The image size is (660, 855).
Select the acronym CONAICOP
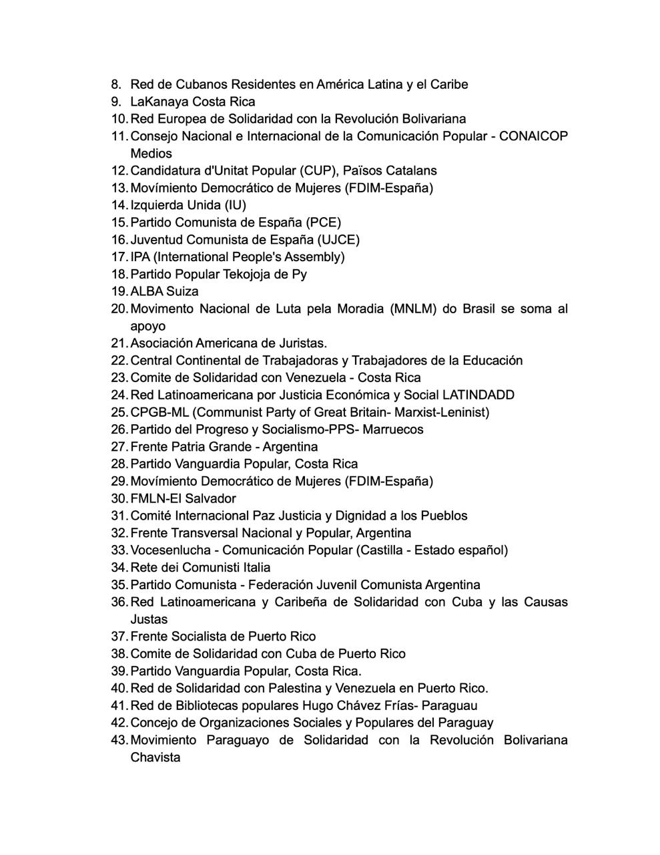pyautogui.click(x=533, y=136)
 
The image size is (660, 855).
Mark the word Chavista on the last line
pyautogui.click(x=155, y=757)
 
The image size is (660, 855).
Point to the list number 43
pyautogui.click(x=119, y=740)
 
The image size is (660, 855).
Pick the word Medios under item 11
pyautogui.click(x=151, y=154)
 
